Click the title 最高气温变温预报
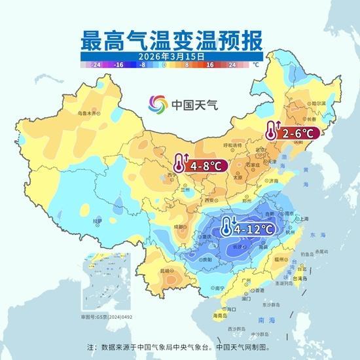click(171, 41)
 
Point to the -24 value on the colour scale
click(96, 65)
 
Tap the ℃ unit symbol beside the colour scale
click(257, 65)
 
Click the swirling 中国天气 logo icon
click(158, 103)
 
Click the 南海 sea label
click(263, 321)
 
